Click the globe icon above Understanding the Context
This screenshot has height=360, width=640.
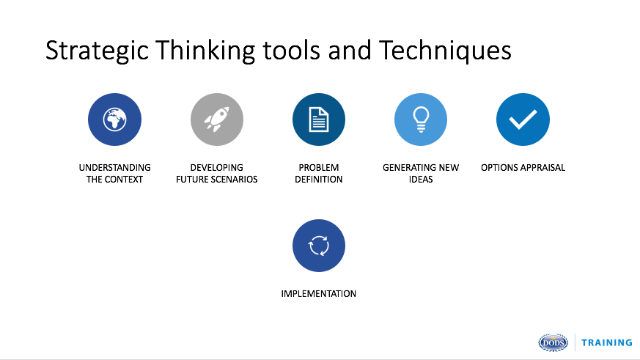point(114,120)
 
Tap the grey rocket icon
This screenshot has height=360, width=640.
point(217,120)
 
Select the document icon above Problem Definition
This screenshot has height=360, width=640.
point(319,120)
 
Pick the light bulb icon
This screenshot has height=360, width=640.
point(421,120)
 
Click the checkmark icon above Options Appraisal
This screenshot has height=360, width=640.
point(523,120)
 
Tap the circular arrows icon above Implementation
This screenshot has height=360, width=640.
point(319,246)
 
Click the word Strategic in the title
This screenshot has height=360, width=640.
point(98,51)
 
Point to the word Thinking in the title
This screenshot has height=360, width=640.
point(205,51)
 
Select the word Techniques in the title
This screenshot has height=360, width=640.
point(445,51)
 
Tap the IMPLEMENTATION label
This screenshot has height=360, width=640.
point(319,294)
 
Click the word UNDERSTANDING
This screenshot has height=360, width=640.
point(114,168)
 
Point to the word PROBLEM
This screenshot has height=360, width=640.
point(319,168)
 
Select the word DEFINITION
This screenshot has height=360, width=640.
point(319,180)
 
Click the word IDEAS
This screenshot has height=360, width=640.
point(421,180)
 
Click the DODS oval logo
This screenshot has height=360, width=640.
point(553,342)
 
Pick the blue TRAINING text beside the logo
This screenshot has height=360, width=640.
point(607,343)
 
